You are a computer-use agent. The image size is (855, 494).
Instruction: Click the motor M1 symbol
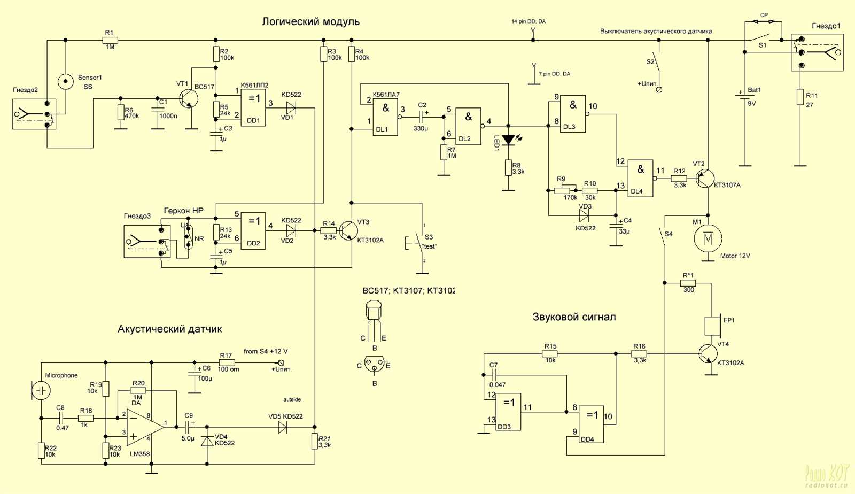(x=708, y=238)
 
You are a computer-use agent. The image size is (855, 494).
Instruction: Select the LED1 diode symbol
(x=508, y=140)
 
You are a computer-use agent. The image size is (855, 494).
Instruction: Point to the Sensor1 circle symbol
(x=66, y=81)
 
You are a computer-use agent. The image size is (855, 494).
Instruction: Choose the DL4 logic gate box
(x=640, y=178)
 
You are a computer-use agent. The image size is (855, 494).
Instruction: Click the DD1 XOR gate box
(x=253, y=108)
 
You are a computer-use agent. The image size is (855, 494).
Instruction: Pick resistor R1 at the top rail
(x=110, y=40)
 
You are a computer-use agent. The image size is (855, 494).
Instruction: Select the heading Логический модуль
(x=310, y=22)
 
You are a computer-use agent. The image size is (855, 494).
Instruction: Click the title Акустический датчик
(x=169, y=329)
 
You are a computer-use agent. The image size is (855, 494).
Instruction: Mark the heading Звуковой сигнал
(x=574, y=317)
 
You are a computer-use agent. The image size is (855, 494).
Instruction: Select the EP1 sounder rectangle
(x=712, y=325)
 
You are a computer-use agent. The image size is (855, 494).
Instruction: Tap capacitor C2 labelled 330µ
(x=421, y=116)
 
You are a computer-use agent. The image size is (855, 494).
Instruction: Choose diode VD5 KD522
(x=283, y=427)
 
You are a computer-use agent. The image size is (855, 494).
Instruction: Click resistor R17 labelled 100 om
(x=227, y=362)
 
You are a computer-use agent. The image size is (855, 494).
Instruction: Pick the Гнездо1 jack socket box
(x=817, y=52)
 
